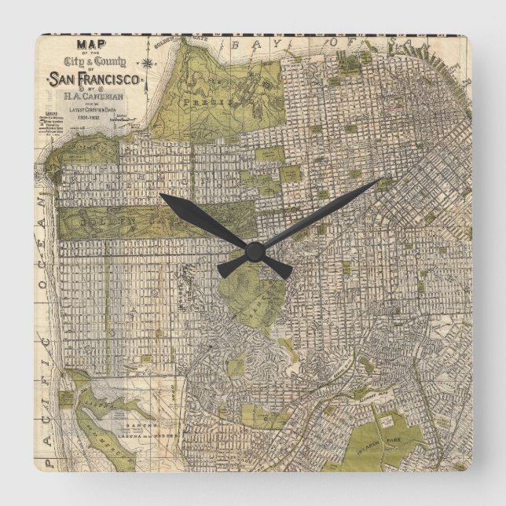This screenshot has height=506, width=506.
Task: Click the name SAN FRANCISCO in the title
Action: [95, 79]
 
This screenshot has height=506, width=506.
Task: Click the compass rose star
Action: [147, 60]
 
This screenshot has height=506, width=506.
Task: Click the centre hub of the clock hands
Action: [254, 251]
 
